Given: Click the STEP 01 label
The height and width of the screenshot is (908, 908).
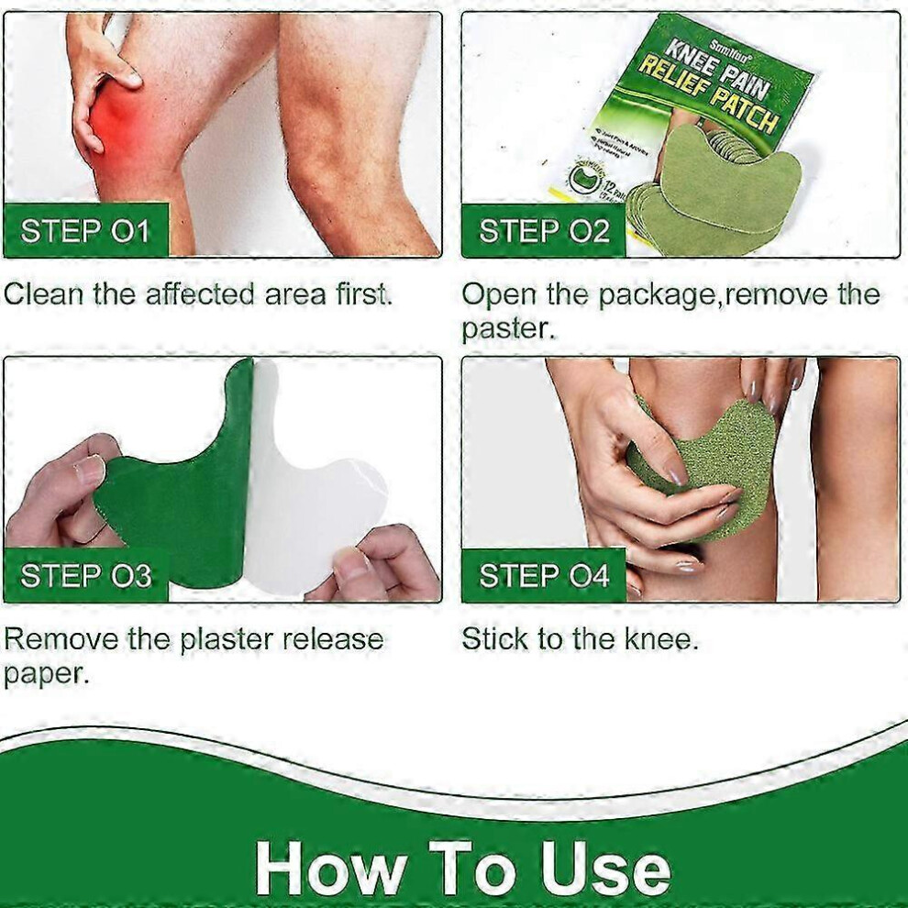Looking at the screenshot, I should [85, 231].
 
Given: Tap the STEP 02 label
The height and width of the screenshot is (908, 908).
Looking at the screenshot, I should [544, 231].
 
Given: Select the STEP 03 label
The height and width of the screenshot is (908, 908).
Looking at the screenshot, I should [85, 576].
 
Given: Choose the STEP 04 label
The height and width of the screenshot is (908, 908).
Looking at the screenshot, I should [544, 576].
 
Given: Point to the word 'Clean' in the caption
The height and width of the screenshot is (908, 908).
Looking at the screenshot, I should [44, 294].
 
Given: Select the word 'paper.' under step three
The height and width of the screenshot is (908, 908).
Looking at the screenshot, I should [46, 674].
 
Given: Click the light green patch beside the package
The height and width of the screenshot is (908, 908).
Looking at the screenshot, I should [725, 183].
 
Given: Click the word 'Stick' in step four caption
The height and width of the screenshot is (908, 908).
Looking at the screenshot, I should [495, 638].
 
